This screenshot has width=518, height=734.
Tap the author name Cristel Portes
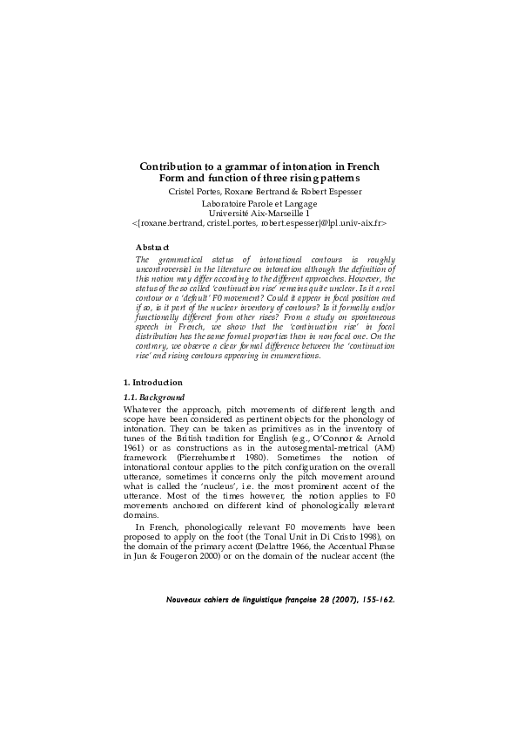point(195,191)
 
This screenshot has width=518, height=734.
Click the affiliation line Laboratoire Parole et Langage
point(259,203)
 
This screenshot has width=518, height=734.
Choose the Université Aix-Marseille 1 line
point(259,213)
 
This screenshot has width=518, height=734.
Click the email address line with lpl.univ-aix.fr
point(259,223)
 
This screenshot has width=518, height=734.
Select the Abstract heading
point(152,248)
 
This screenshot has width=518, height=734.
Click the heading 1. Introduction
point(152,383)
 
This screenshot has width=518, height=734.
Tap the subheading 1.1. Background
point(155,398)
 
